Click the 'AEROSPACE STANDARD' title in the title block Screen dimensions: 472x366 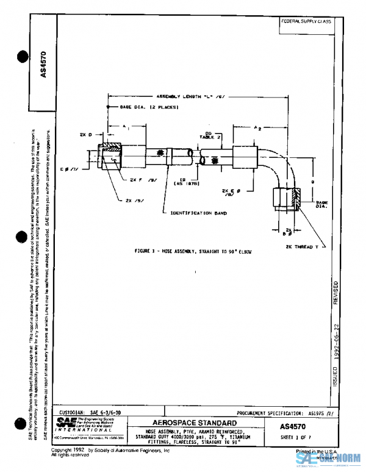pos(195,423)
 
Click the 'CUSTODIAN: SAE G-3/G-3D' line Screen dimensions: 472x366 pos(88,412)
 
